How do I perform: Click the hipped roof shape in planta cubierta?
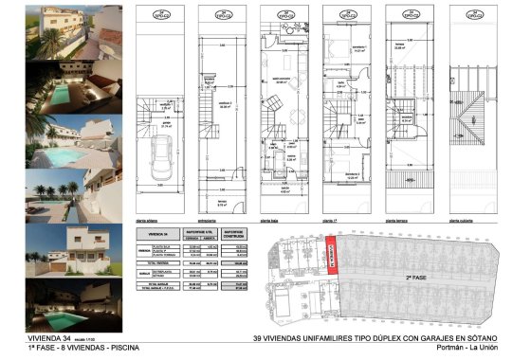(469, 123)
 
